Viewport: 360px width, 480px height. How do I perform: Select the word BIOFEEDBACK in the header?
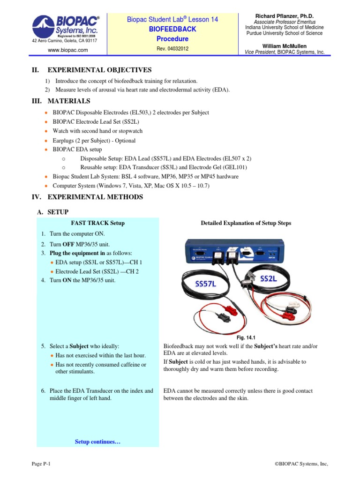172,29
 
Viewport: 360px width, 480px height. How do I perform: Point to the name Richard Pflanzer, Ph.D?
285,15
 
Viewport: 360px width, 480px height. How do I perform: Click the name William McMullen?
285,45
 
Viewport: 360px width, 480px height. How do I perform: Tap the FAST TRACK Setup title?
97,223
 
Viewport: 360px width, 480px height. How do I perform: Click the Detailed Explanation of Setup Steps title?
246,223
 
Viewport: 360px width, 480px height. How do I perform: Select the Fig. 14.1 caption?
246,337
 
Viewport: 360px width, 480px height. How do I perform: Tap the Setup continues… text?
97,442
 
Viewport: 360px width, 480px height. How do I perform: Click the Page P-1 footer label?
41,464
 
